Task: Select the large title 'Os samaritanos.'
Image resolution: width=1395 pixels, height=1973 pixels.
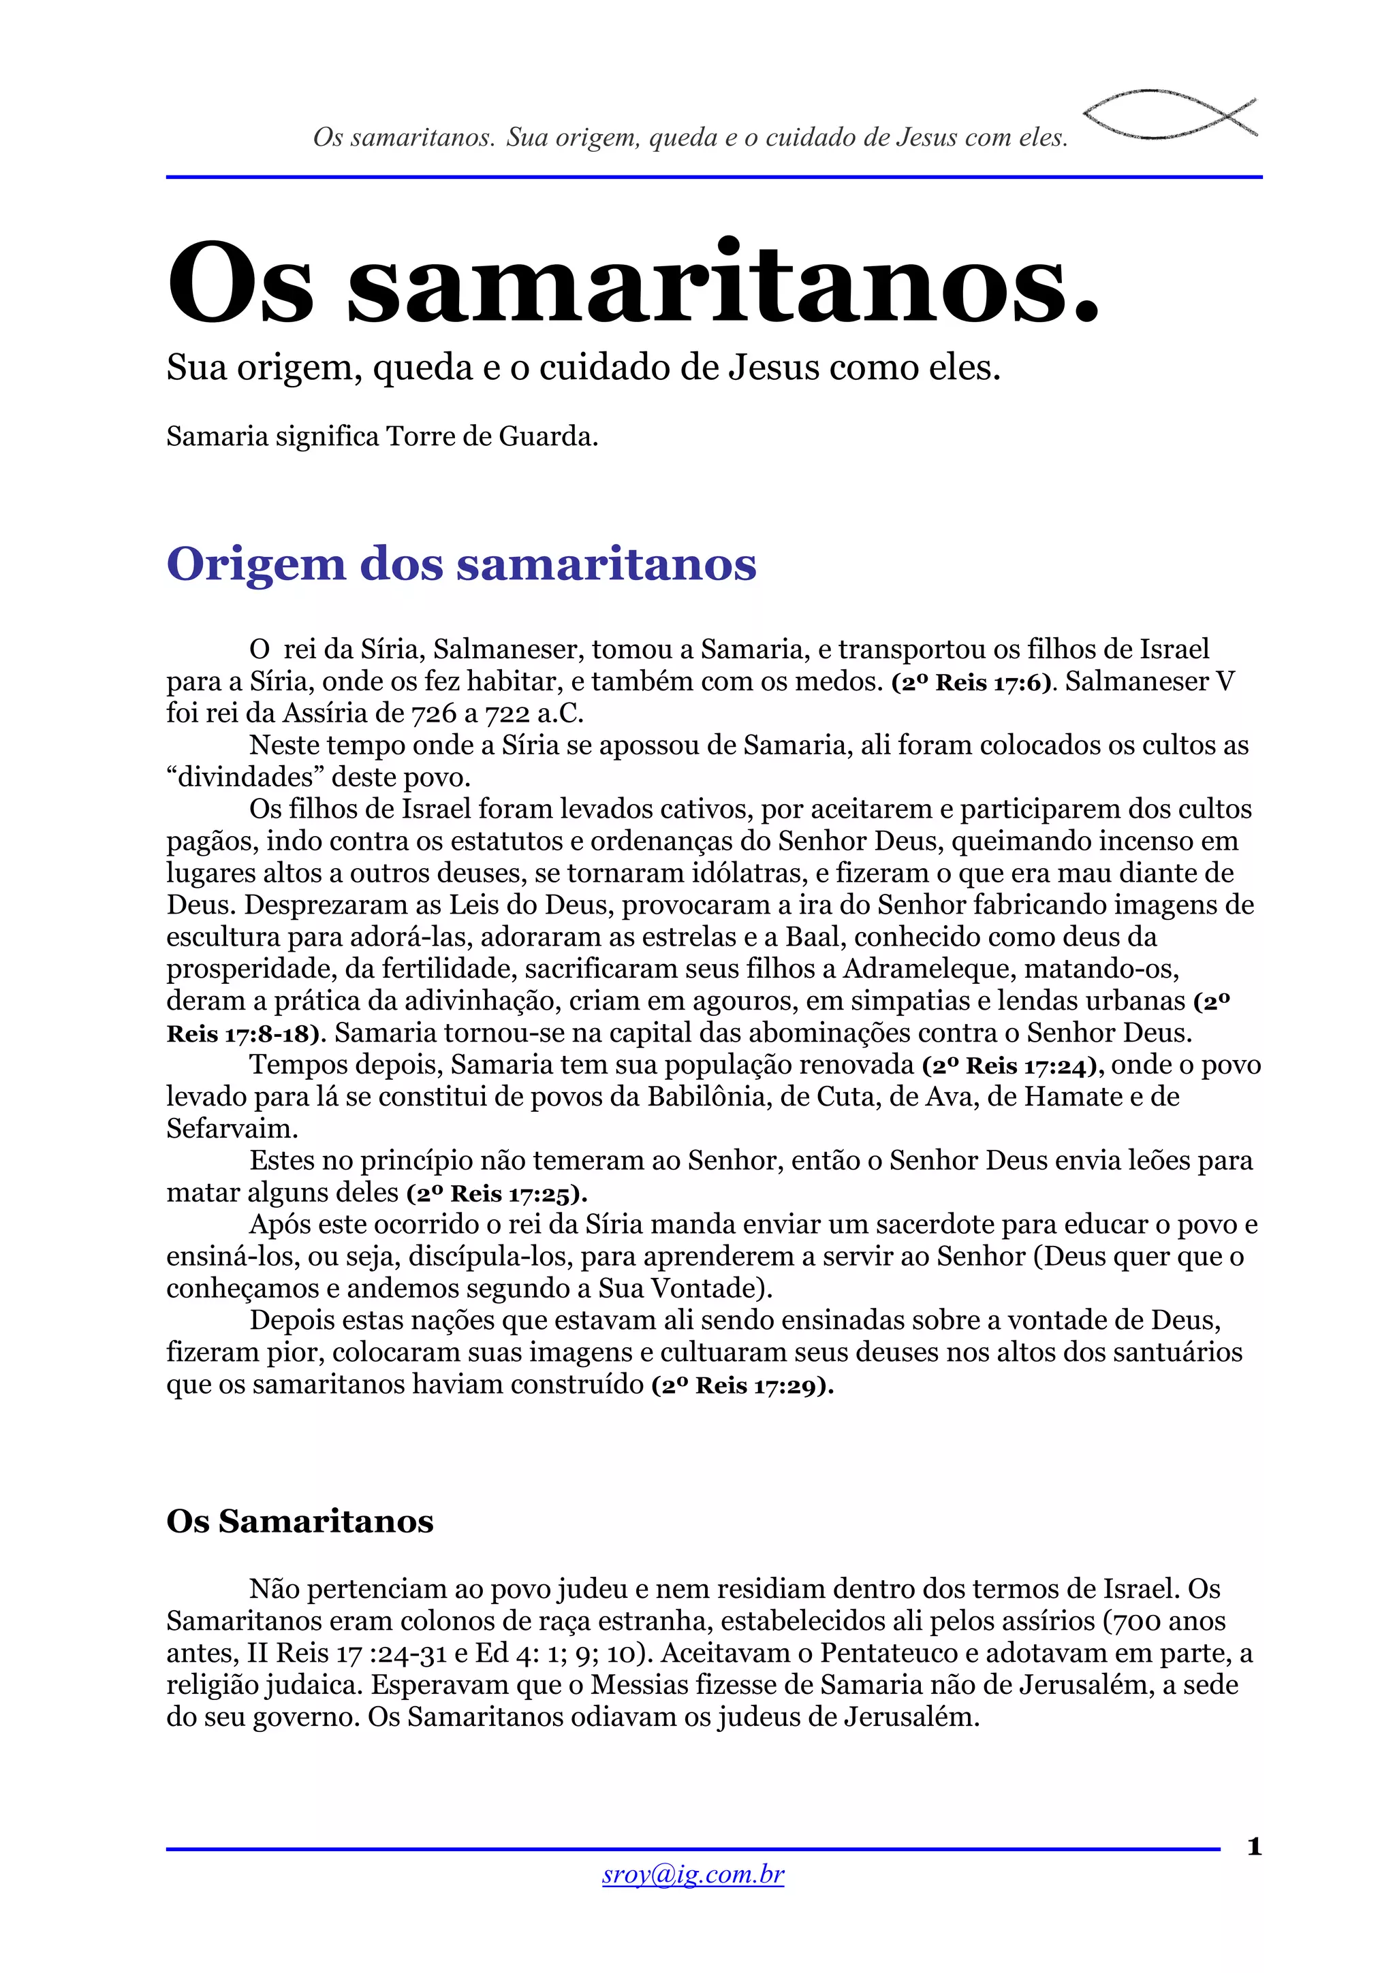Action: (633, 282)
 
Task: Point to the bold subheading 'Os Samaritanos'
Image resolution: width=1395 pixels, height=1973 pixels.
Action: (300, 1520)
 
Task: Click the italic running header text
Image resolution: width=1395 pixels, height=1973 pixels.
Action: (690, 138)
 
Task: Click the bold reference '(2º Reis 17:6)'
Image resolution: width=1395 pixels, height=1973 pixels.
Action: (972, 682)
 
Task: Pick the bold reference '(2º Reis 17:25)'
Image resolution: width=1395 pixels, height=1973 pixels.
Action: (497, 1193)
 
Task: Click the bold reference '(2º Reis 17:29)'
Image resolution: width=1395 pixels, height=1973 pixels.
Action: (742, 1385)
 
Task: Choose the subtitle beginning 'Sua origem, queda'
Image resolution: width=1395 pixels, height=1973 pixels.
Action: (584, 368)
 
